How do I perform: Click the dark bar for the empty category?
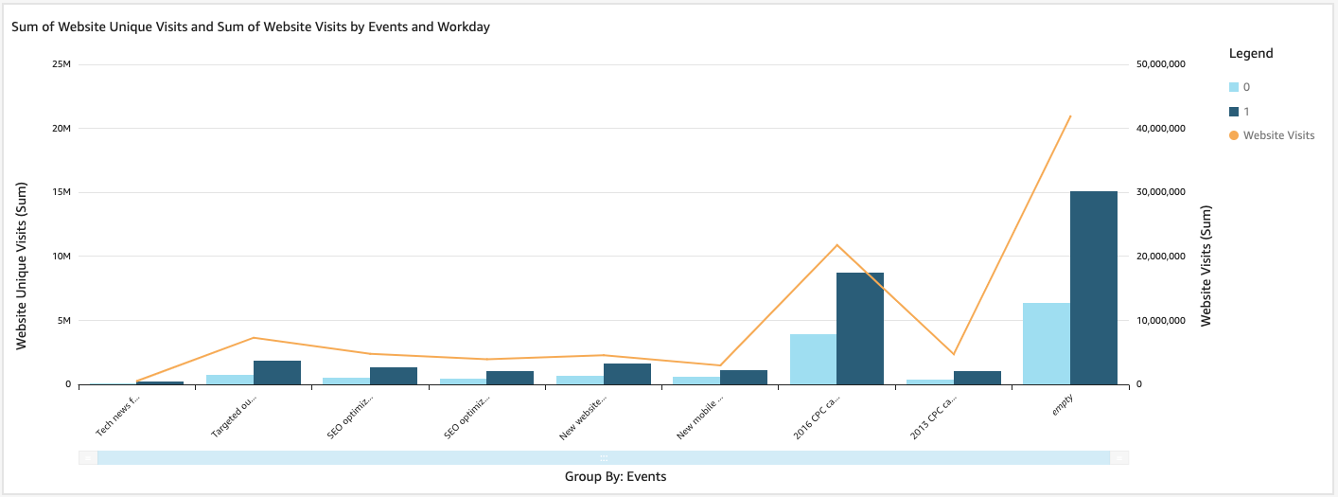tap(1093, 288)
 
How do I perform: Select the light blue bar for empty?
tap(1046, 344)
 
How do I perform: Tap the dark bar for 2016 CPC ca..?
tap(859, 328)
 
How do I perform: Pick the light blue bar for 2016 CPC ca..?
tap(813, 360)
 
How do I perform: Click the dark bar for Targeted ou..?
tap(276, 372)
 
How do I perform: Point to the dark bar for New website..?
tap(626, 374)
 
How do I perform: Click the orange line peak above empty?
tap(1069, 116)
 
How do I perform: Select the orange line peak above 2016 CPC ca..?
tap(836, 245)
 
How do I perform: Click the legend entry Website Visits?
tap(1277, 135)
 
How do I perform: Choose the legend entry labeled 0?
tap(1245, 87)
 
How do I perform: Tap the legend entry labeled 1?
tap(1245, 112)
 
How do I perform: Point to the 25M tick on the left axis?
tap(62, 64)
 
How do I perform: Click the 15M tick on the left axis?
tap(62, 192)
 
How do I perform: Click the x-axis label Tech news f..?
tap(118, 417)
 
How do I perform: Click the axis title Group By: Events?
tap(615, 477)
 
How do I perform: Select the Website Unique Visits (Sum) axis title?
tap(20, 268)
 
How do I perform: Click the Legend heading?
tap(1250, 54)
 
